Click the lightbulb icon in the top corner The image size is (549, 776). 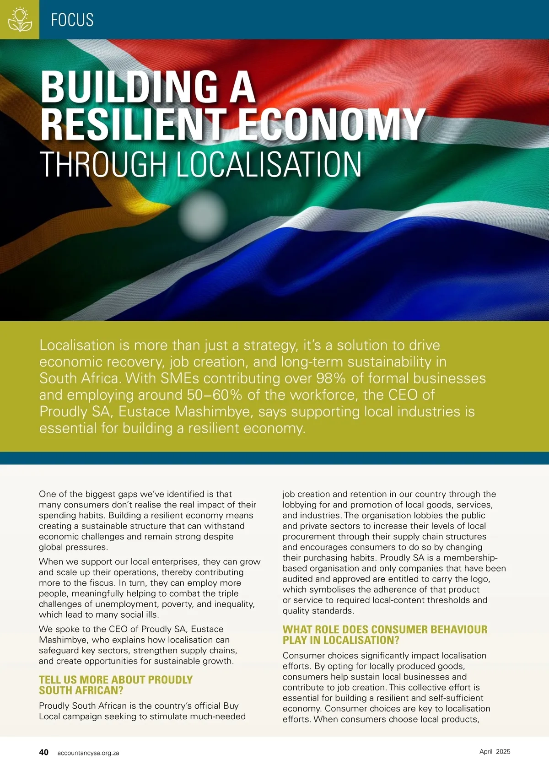tap(20, 19)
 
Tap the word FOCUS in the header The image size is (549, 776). tap(72, 20)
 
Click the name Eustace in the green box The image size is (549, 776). tap(145, 411)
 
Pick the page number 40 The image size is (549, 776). tap(43, 752)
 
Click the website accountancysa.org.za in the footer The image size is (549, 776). tap(88, 753)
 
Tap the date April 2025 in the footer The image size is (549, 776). tap(495, 751)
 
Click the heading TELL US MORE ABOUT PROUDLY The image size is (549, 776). tap(116, 679)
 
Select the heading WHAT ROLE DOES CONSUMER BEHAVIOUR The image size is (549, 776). tap(385, 629)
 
